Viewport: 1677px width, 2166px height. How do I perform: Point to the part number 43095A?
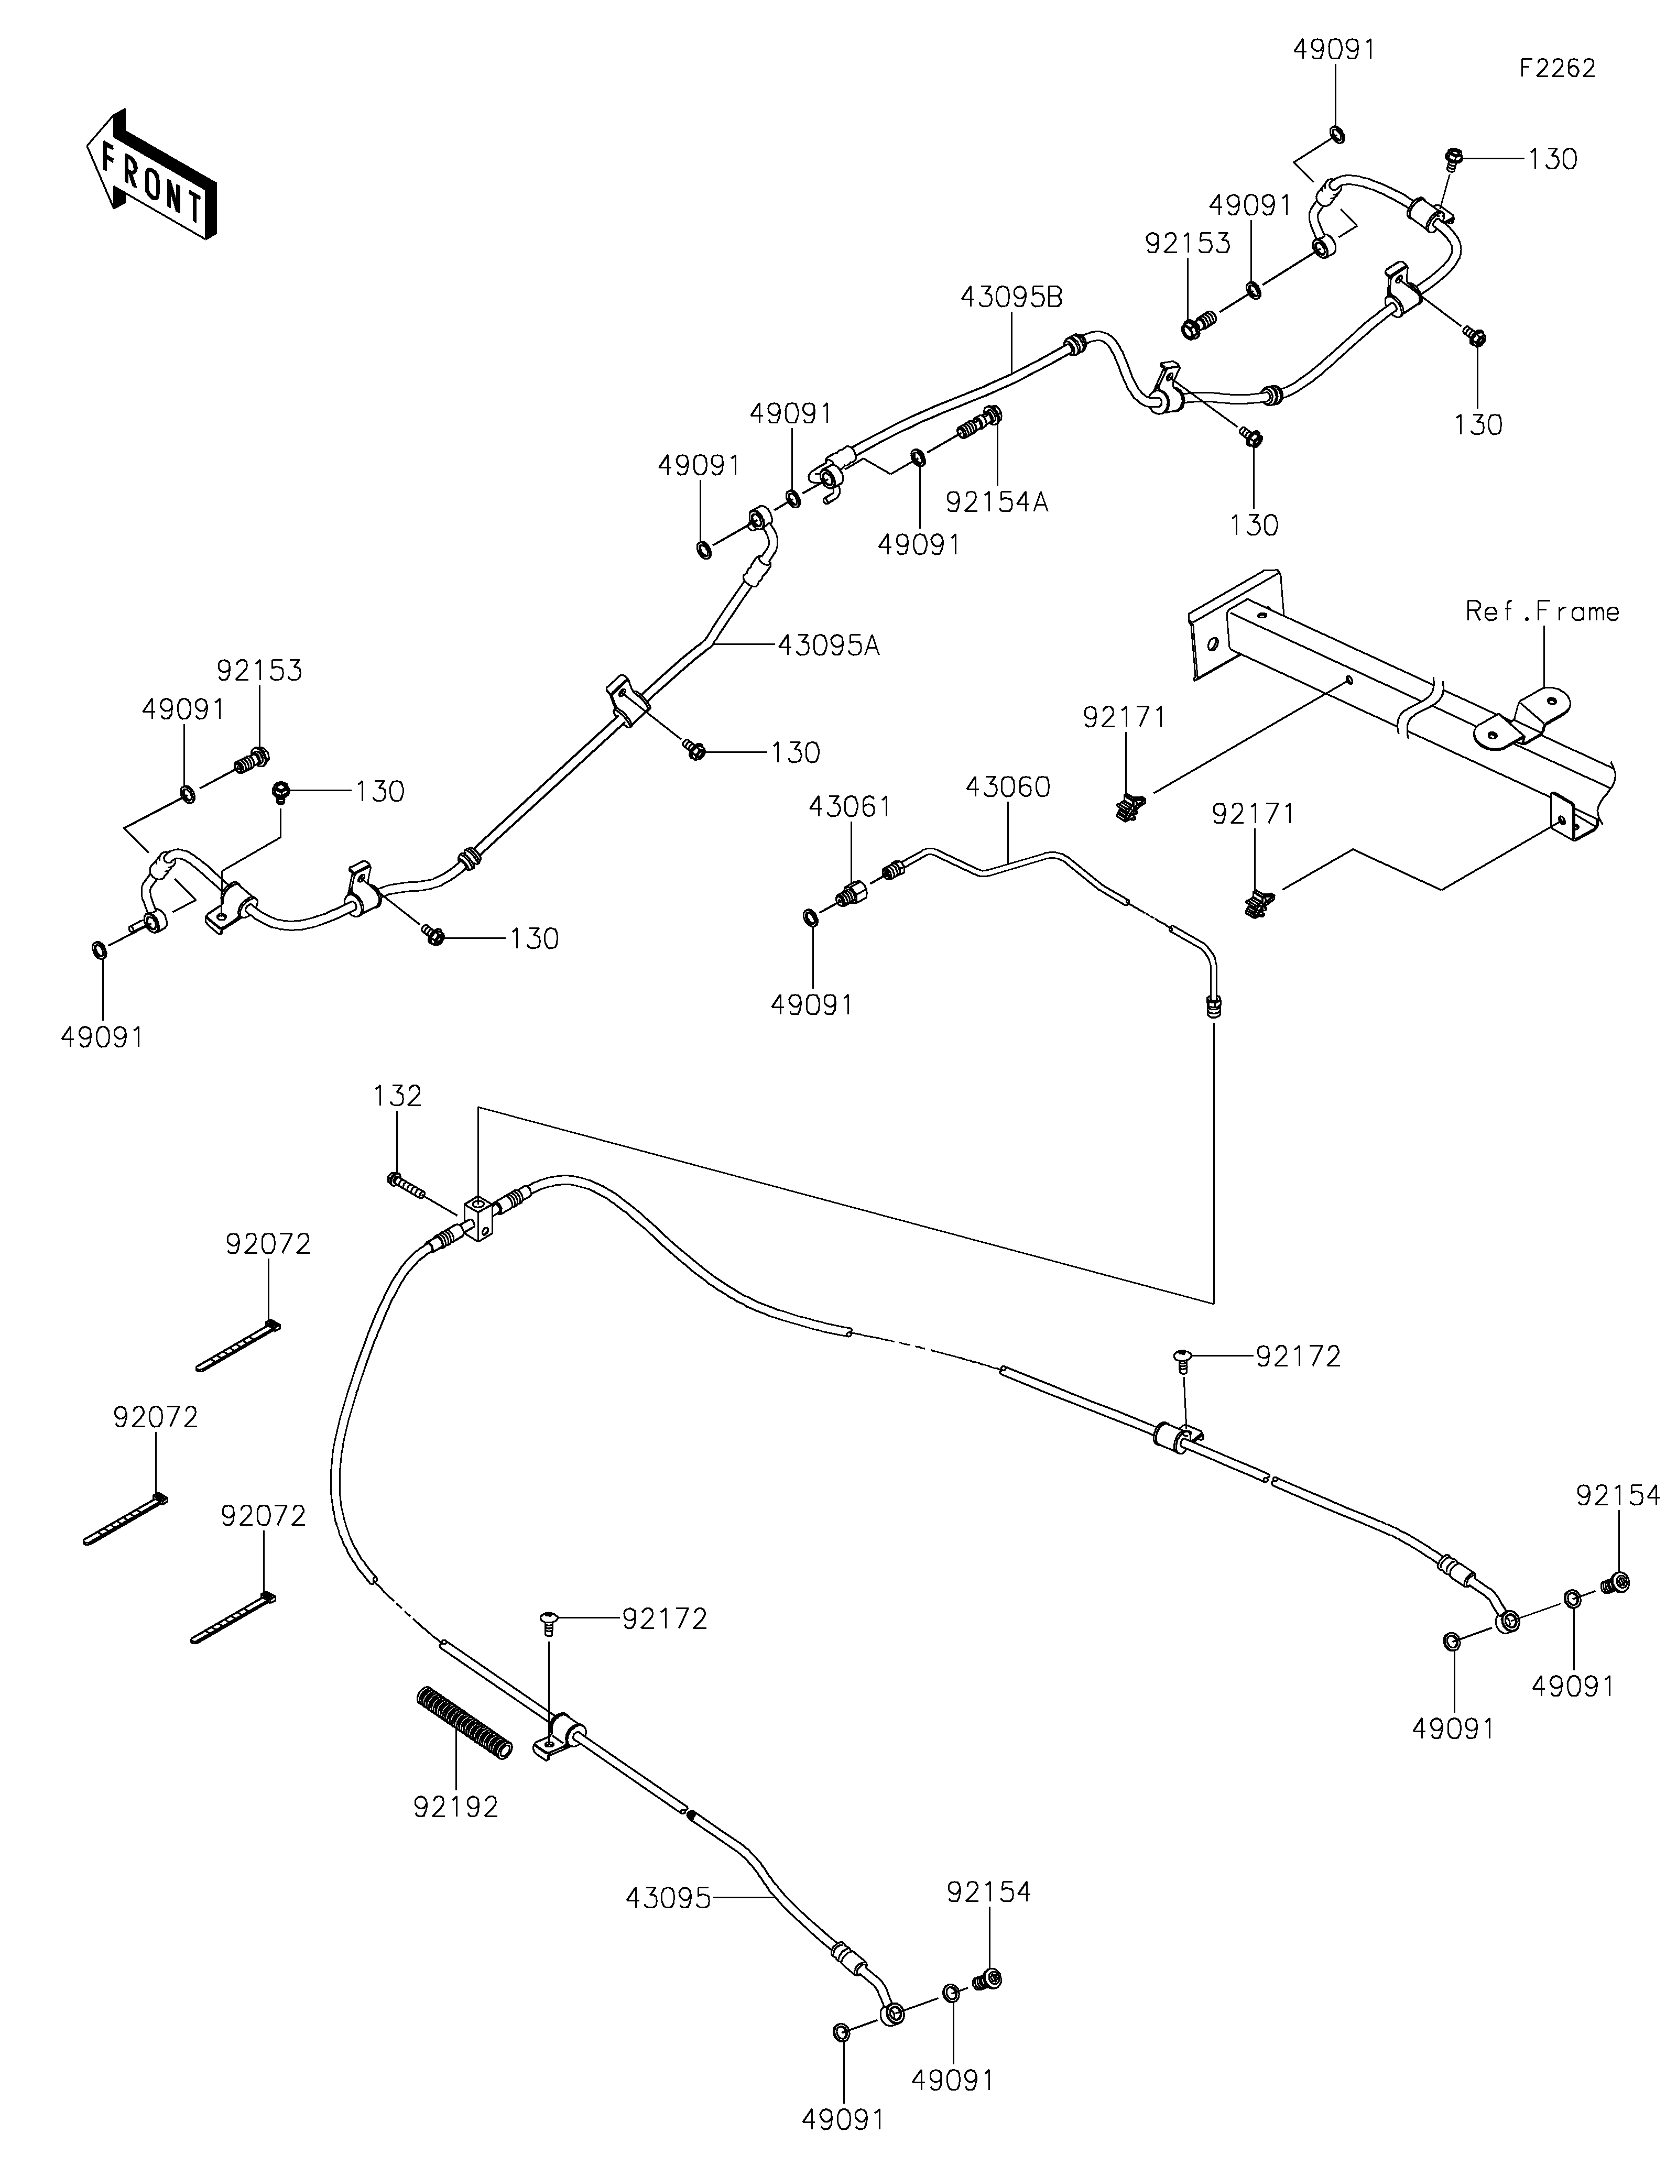pos(829,646)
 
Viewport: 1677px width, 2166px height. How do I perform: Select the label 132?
pos(398,1096)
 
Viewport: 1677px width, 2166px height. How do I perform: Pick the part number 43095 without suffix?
pos(668,1898)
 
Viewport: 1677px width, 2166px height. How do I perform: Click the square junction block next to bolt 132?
pos(478,1219)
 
